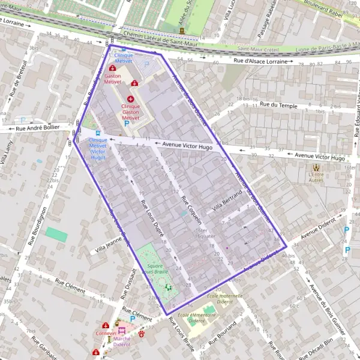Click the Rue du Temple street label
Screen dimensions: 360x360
point(279,104)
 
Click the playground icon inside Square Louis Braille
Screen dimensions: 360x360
point(169,287)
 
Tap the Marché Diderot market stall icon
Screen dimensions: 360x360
point(122,330)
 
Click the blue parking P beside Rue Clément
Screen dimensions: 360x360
point(132,319)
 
